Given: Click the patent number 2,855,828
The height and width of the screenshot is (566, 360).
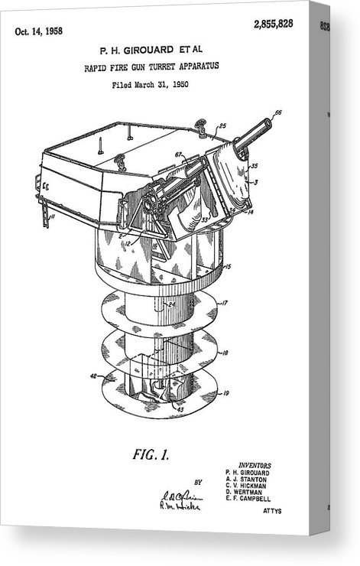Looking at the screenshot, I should tap(274, 24).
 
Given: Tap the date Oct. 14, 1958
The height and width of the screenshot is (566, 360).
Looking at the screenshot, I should tap(39, 31).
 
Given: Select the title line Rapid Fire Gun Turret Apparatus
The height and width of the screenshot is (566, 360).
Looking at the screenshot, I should tap(151, 67).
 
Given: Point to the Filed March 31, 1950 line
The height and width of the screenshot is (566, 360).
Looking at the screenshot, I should tap(150, 83).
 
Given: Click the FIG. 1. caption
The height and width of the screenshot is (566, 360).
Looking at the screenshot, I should tap(151, 455).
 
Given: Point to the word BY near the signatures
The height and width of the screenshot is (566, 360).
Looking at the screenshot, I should tap(198, 483).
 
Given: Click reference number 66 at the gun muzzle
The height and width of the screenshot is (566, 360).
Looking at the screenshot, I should tap(277, 112).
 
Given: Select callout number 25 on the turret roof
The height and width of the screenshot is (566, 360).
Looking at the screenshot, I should tap(222, 125).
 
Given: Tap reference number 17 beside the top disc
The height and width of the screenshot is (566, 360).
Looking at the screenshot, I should tap(225, 303).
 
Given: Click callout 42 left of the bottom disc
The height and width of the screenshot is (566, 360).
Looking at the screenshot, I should tap(93, 376).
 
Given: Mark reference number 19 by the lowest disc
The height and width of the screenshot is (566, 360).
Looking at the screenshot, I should tap(225, 393).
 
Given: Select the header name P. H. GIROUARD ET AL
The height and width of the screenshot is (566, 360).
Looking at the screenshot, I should tap(151, 50).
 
